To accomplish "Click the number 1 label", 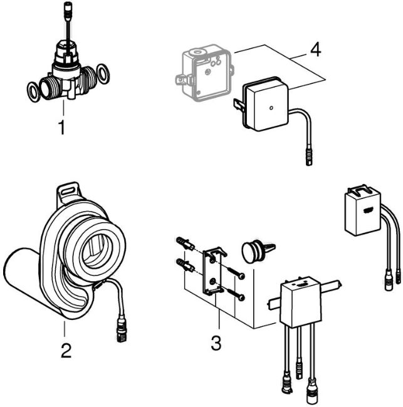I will pos(61,128).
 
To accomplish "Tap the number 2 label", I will pos(65,349).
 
